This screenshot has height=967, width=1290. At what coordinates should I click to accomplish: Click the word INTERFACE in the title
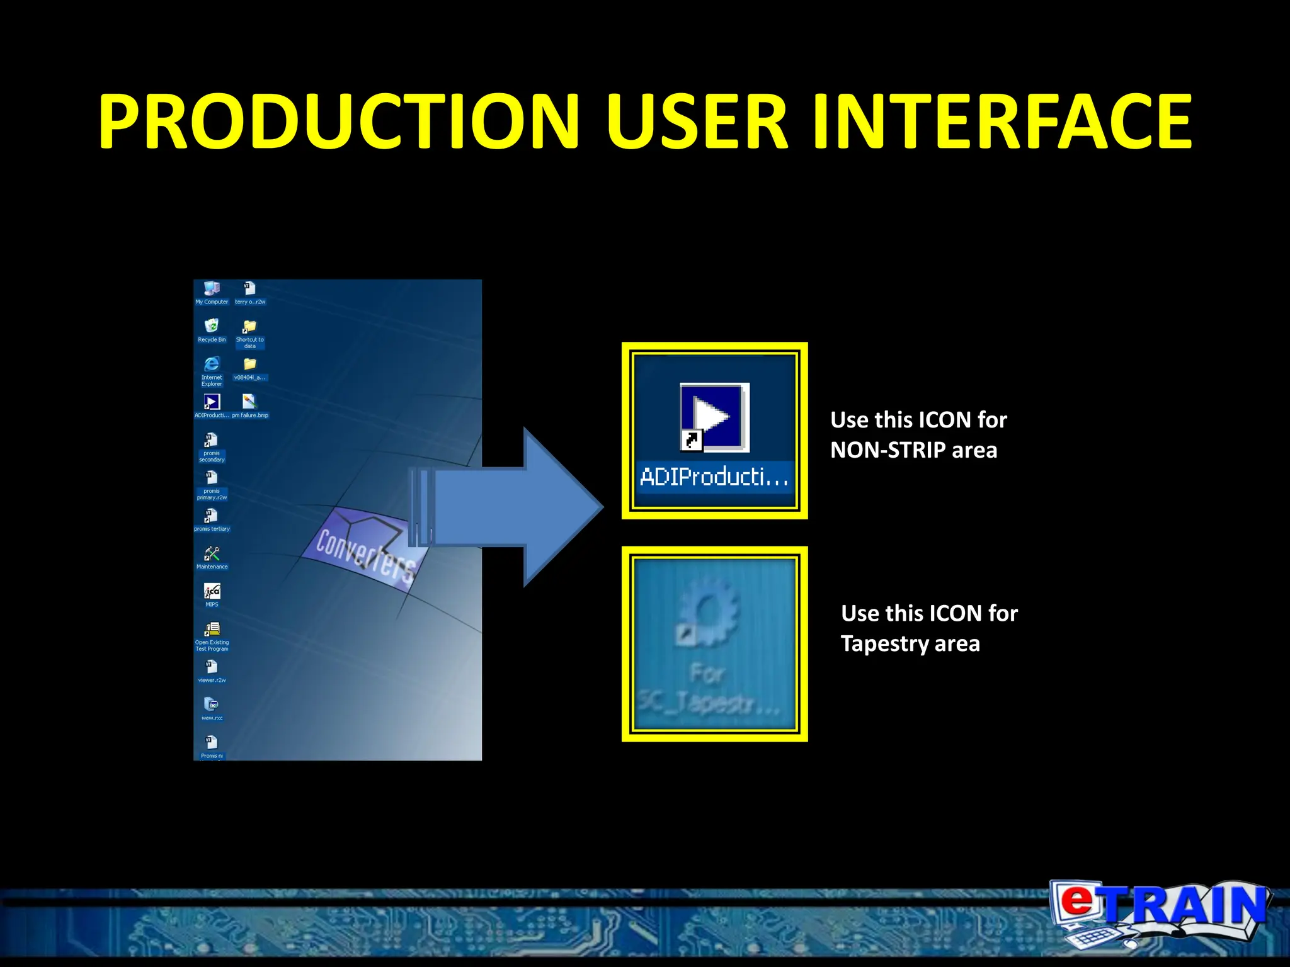pos(1002,122)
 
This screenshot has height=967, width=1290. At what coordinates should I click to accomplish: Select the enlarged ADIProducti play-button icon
pos(714,417)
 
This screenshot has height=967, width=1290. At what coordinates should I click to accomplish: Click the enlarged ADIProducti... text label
pos(714,477)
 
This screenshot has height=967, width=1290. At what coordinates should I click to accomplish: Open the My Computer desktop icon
pos(212,289)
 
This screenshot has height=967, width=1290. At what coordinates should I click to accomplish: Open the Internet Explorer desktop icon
pos(212,365)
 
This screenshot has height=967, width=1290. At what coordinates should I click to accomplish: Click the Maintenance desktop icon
pos(212,553)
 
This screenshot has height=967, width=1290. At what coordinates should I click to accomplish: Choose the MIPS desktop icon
pos(212,591)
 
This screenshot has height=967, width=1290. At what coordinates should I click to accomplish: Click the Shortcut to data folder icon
pos(250,327)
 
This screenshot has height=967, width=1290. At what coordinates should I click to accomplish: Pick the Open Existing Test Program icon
pos(212,629)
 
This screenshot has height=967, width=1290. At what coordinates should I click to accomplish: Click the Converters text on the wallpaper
pos(365,554)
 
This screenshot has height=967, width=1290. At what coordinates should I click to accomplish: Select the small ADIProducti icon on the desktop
pos(212,402)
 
